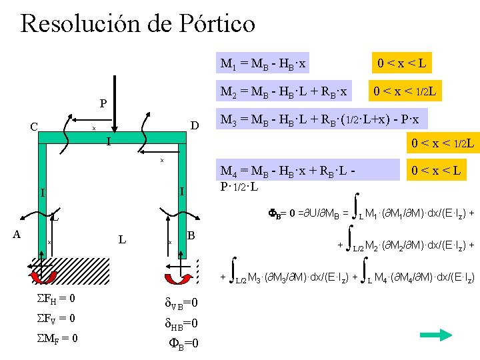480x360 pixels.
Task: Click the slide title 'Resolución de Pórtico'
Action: (138, 24)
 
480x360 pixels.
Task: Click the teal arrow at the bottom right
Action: (438, 335)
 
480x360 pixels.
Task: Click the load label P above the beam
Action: (103, 104)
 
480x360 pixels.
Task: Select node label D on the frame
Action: (195, 126)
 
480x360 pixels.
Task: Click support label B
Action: (191, 235)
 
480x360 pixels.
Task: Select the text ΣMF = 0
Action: (55, 338)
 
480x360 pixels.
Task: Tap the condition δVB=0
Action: (181, 304)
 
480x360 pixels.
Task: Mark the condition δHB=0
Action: (181, 324)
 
